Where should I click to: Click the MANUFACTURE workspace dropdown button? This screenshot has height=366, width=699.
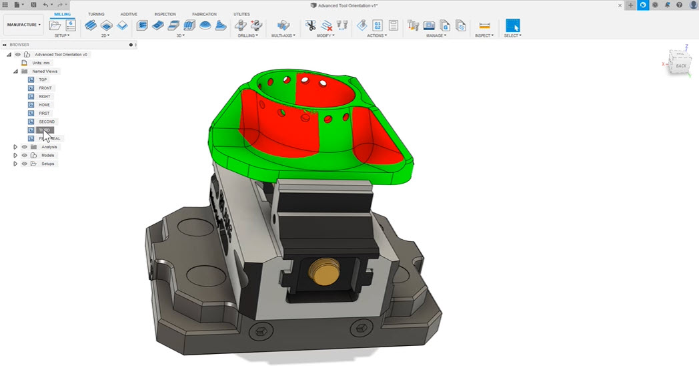pyautogui.click(x=24, y=25)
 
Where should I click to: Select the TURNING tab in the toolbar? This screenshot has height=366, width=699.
pyautogui.click(x=96, y=14)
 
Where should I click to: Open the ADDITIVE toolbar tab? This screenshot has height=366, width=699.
pyautogui.click(x=129, y=14)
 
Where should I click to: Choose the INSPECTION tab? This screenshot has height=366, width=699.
pyautogui.click(x=165, y=14)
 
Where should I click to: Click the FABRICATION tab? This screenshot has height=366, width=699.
pyautogui.click(x=204, y=14)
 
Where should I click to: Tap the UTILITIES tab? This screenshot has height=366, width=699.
pyautogui.click(x=241, y=14)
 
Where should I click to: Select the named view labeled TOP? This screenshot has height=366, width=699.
pyautogui.click(x=43, y=79)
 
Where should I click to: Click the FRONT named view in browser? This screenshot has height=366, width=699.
pyautogui.click(x=45, y=88)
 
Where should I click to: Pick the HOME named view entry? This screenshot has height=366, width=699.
pyautogui.click(x=44, y=105)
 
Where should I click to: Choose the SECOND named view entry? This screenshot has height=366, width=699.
pyautogui.click(x=47, y=122)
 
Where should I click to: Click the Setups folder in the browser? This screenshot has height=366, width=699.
pyautogui.click(x=48, y=164)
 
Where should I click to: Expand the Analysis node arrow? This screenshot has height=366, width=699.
pyautogui.click(x=15, y=147)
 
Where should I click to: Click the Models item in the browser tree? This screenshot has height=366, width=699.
pyautogui.click(x=48, y=155)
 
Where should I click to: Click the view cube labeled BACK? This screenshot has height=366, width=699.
pyautogui.click(x=680, y=65)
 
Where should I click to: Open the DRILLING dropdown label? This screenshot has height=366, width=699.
pyautogui.click(x=247, y=35)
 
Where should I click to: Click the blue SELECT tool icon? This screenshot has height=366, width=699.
pyautogui.click(x=512, y=25)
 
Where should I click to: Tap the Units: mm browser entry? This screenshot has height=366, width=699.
pyautogui.click(x=41, y=63)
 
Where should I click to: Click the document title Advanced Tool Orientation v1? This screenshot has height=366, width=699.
pyautogui.click(x=348, y=5)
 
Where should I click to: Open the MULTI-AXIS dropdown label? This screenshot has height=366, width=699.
pyautogui.click(x=284, y=35)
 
